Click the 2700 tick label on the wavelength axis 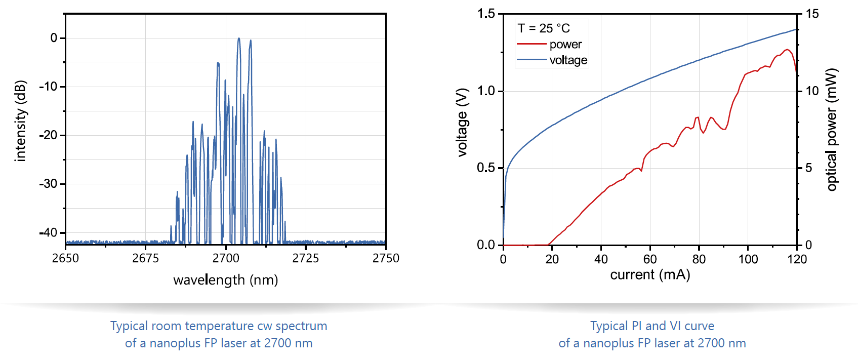tap(225, 258)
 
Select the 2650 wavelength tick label tap(65, 258)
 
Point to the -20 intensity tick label tap(49, 135)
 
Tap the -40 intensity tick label tap(49, 233)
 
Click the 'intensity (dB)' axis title tap(20, 121)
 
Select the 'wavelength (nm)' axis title tap(225, 280)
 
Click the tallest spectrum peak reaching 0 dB tap(239, 38)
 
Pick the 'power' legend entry tap(565, 45)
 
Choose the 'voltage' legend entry tap(568, 60)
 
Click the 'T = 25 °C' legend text tap(544, 28)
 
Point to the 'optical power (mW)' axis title tap(831, 130)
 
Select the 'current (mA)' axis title tap(650, 275)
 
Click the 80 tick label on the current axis tap(699, 259)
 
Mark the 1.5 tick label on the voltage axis tap(486, 14)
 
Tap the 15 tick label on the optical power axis tap(812, 14)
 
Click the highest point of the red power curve tap(787, 50)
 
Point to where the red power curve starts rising tap(549, 245)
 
